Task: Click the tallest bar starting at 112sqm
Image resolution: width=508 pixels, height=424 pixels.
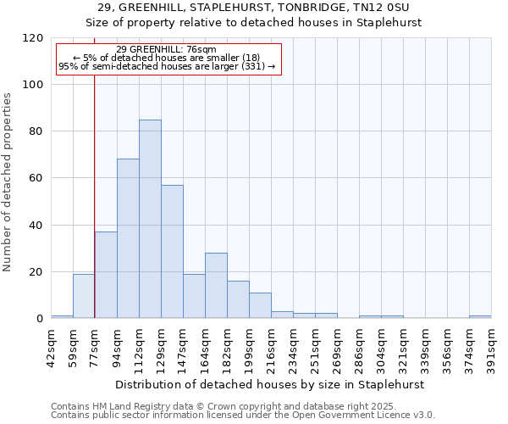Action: tap(150, 219)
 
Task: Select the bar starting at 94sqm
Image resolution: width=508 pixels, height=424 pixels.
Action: tap(128, 238)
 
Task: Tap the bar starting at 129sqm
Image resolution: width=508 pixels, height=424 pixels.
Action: tap(172, 251)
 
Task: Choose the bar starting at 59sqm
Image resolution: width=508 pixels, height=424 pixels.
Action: tap(84, 296)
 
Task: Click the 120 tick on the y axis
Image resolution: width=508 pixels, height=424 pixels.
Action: tap(33, 38)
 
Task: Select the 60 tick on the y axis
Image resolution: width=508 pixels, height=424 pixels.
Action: tap(36, 178)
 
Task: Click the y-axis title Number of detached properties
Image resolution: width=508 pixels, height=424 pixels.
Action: tap(8, 182)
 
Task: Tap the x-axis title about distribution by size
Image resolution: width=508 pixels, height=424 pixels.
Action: tap(271, 384)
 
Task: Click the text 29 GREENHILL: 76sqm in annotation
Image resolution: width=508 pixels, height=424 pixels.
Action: tap(166, 49)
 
